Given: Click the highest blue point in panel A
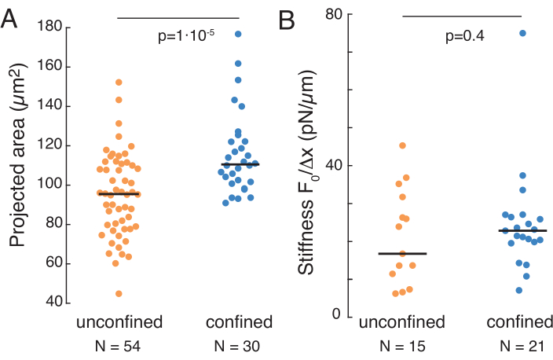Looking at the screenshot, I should (x=237, y=34).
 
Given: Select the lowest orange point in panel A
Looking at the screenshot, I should (x=119, y=294).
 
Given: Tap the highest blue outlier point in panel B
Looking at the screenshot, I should (x=522, y=33).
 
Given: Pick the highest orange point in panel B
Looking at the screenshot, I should (x=402, y=145).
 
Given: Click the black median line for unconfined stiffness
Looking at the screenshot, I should (x=402, y=253).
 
